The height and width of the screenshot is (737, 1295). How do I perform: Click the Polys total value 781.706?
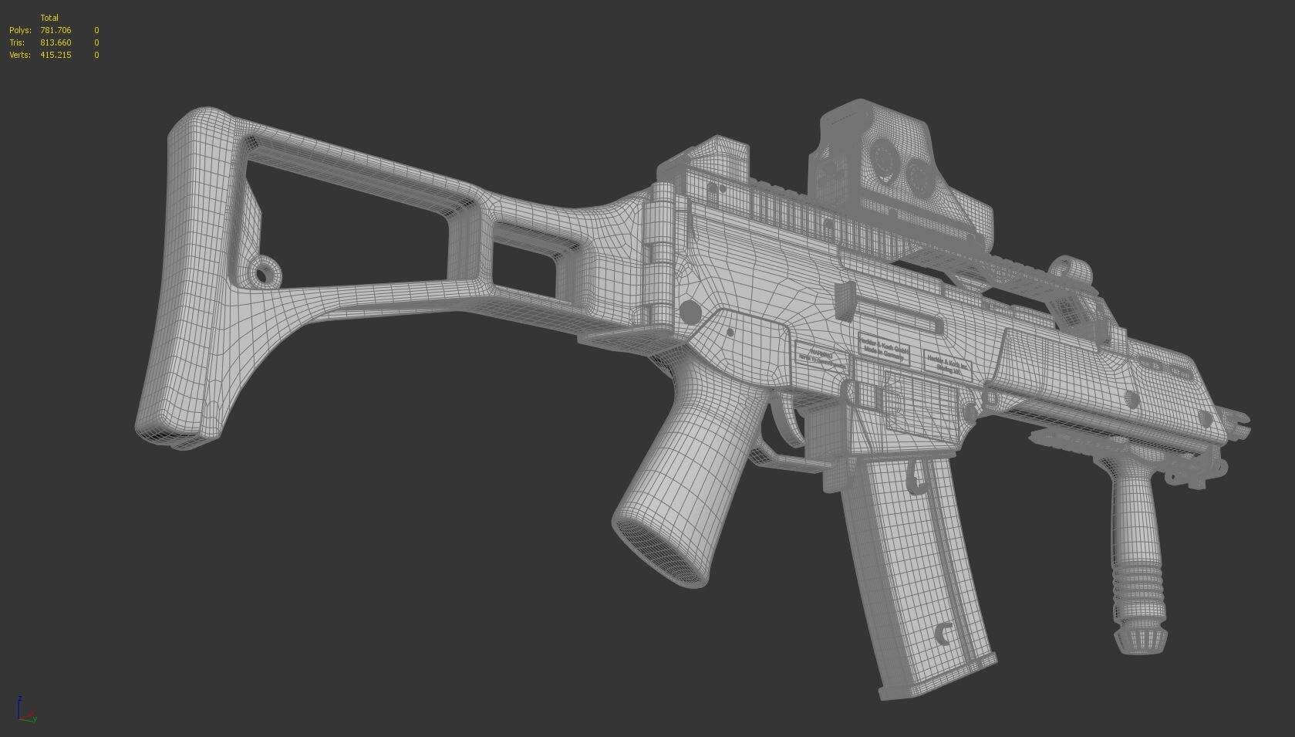point(56,30)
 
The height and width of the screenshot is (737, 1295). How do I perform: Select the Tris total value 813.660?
point(56,42)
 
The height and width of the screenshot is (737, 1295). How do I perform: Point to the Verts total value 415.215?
point(56,55)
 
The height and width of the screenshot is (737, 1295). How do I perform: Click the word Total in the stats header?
point(49,18)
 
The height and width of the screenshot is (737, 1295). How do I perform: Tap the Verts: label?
point(20,55)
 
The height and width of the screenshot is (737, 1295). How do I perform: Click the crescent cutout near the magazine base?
point(943,634)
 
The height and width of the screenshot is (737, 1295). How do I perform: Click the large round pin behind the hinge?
point(690,312)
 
